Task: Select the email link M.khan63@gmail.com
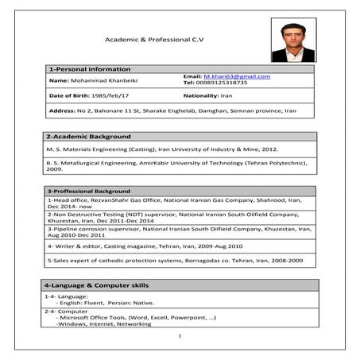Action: coord(237,75)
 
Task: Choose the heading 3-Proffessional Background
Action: coord(88,192)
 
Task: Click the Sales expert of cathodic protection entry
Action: coord(175,260)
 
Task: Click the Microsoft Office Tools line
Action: coord(135,318)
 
